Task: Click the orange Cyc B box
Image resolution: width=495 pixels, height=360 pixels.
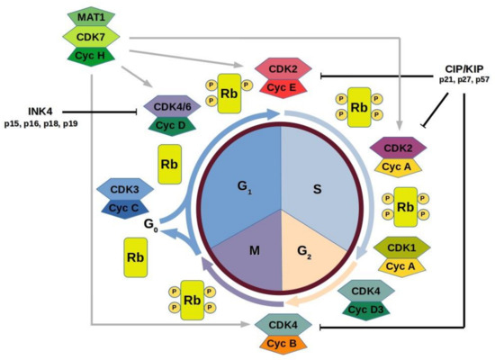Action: (283, 343)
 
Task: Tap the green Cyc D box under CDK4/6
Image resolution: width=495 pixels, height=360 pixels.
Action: (175, 125)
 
